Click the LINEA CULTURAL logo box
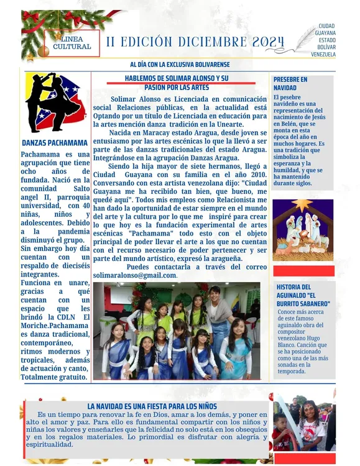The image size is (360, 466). [x=72, y=43]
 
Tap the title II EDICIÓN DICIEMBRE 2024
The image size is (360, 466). [x=195, y=42]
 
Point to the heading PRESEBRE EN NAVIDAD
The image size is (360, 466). [x=290, y=83]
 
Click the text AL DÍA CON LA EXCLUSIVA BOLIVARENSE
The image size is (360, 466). [x=180, y=65]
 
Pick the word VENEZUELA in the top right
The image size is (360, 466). [x=323, y=54]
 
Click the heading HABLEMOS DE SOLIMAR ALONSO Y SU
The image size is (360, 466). [x=177, y=79]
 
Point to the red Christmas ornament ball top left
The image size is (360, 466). [x=43, y=51]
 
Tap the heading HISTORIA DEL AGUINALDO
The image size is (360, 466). [x=303, y=295]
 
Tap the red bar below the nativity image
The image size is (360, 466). [x=303, y=270]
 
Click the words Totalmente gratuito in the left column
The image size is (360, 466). [x=53, y=377]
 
